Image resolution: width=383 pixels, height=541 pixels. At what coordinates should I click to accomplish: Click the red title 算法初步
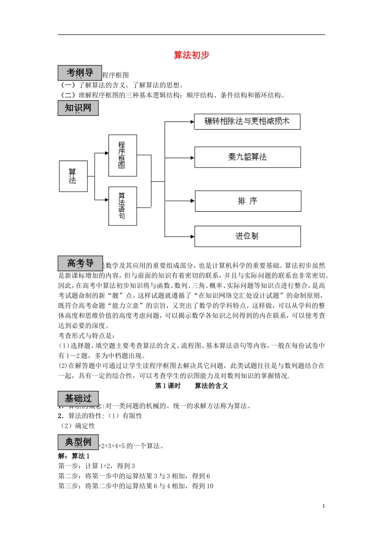[191, 55]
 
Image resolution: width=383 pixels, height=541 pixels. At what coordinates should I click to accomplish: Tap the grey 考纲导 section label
[79, 73]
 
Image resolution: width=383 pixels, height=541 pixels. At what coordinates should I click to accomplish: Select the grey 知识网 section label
[78, 108]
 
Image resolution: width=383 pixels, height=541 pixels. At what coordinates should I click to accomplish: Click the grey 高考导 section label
[80, 263]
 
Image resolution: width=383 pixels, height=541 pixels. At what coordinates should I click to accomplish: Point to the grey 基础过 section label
[78, 399]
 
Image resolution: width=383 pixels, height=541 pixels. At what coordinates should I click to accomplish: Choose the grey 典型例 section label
[78, 442]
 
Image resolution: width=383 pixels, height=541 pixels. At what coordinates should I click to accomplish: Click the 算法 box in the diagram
[73, 176]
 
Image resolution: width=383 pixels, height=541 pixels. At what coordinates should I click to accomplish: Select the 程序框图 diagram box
[123, 155]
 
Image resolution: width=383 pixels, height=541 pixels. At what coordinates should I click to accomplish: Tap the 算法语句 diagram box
[123, 206]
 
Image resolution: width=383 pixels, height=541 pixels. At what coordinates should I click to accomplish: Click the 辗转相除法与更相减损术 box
[247, 122]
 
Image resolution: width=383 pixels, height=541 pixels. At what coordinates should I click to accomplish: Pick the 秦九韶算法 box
[248, 157]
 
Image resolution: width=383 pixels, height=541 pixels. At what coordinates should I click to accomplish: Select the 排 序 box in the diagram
[248, 201]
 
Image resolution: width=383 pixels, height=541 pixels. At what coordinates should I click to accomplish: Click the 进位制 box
[248, 236]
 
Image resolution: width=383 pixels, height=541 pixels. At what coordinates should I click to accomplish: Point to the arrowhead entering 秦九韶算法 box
[193, 157]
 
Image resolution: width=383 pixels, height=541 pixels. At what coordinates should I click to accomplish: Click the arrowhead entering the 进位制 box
[193, 236]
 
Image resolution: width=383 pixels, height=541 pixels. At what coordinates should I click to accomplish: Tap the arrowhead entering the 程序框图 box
[106, 153]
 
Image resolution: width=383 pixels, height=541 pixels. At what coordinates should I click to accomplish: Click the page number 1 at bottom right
[323, 506]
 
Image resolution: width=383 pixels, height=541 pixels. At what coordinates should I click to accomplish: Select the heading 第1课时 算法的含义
[191, 386]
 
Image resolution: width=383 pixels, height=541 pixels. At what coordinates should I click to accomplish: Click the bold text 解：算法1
[74, 456]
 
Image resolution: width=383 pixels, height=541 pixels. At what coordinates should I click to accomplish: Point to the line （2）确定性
[77, 426]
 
